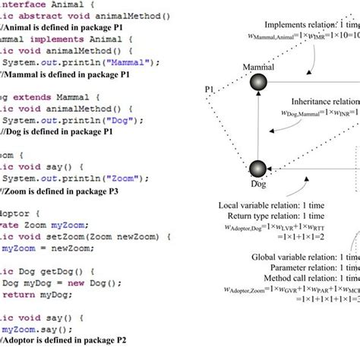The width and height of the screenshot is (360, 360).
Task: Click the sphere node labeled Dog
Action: tap(258, 169)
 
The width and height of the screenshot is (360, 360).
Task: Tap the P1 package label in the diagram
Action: tap(209, 90)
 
